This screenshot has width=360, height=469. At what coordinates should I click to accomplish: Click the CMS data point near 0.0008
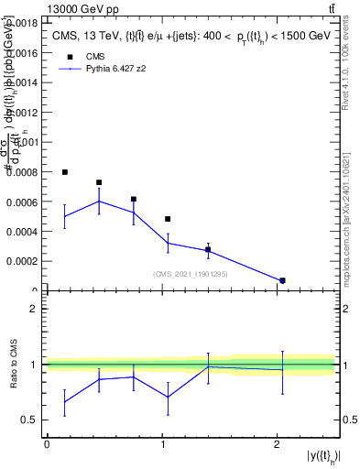pos(65,172)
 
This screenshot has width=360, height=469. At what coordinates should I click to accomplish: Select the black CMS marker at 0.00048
pos(168,219)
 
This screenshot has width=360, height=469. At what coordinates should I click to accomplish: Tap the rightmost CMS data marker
pos(282,280)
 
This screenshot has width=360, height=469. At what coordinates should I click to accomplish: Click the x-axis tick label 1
pos(162,443)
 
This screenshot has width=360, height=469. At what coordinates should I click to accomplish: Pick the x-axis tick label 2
pos(277,443)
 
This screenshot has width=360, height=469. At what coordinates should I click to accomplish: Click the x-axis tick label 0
pos(47,443)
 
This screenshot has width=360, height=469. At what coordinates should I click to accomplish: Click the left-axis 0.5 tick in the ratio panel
pos(30,420)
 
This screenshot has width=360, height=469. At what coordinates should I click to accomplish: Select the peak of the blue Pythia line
pos(99,201)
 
